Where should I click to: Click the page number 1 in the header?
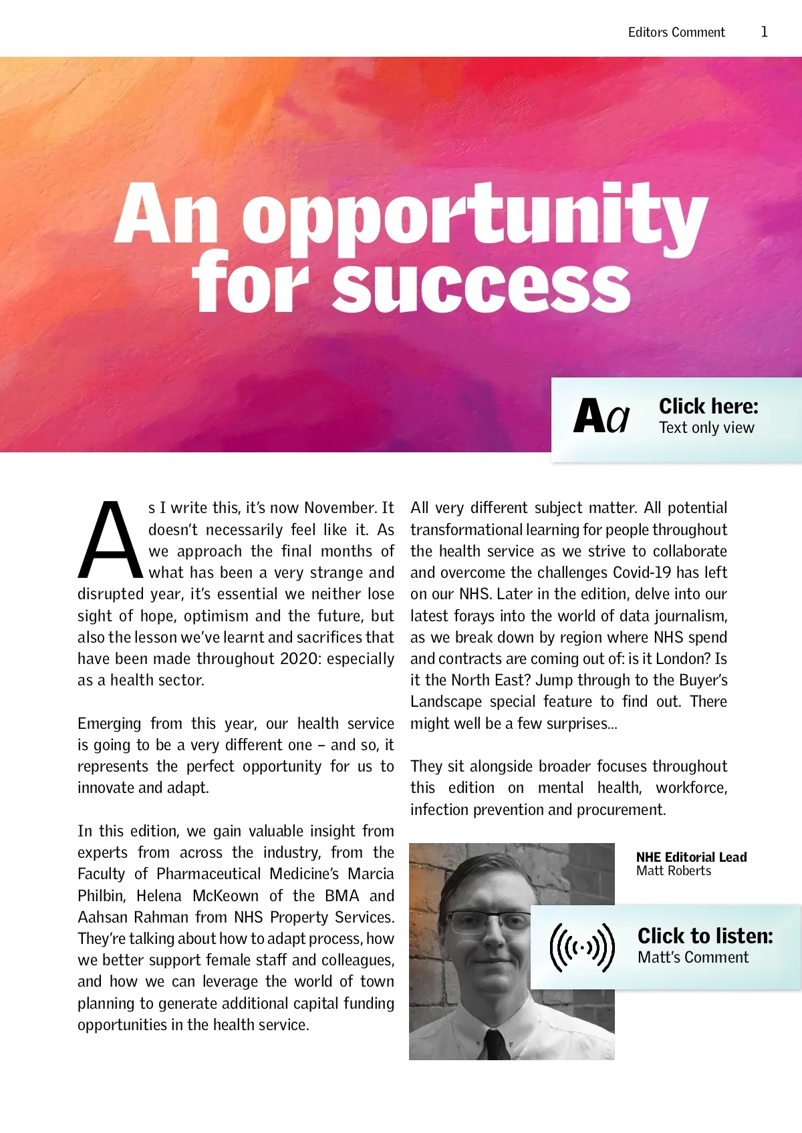[x=764, y=31]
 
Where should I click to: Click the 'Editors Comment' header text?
[x=676, y=32]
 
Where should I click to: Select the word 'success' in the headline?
[x=481, y=285]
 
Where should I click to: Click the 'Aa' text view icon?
[x=601, y=417]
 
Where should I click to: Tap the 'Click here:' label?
[x=708, y=406]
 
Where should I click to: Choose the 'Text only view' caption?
[x=706, y=428]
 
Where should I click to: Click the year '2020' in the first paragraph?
[x=300, y=659]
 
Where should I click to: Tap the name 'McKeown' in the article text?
[x=225, y=896]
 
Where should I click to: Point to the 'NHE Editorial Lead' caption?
[x=691, y=857]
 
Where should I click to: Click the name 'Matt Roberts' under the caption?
[x=674, y=871]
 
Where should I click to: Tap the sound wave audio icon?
[x=581, y=947]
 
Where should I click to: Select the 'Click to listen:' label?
[x=705, y=936]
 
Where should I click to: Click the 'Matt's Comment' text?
[x=693, y=957]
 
